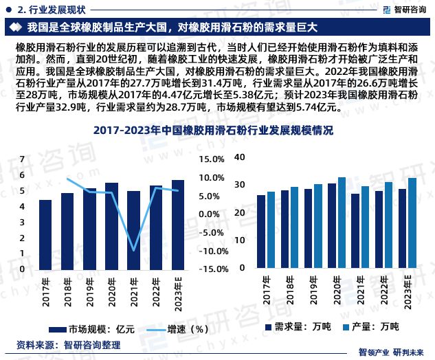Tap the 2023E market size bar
coord(177,225)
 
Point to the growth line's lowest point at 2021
coord(134,250)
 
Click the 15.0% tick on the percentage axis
coord(211,159)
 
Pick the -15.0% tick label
coord(210,269)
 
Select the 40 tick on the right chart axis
coord(239,157)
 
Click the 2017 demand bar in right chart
coord(261,234)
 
